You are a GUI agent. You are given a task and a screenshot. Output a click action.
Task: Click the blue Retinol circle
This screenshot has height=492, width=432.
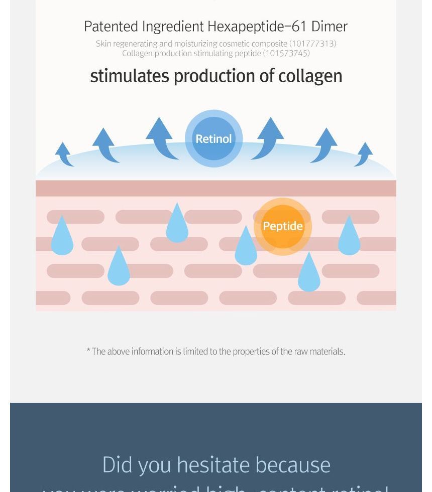click(213, 138)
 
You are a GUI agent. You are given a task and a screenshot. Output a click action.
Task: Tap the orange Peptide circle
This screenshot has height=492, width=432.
click(283, 226)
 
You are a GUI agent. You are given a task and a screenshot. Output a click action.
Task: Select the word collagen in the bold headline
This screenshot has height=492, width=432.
click(310, 76)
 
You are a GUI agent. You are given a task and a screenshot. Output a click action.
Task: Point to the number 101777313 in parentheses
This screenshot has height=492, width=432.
click(312, 44)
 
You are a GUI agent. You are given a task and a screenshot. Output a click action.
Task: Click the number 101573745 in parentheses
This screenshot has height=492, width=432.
click(286, 53)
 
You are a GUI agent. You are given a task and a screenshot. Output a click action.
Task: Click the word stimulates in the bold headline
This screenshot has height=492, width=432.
click(130, 76)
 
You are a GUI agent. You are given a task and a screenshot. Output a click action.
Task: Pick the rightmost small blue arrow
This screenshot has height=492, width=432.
click(364, 154)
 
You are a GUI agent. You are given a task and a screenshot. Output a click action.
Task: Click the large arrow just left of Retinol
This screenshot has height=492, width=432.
click(161, 139)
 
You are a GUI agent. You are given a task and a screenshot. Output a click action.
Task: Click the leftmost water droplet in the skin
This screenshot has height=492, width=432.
click(62, 237)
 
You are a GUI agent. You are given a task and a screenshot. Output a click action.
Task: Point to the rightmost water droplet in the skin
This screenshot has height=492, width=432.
click(349, 237)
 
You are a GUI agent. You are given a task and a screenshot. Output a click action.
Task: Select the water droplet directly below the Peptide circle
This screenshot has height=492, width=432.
click(309, 273)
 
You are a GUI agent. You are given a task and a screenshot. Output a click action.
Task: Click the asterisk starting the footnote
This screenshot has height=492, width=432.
click(88, 351)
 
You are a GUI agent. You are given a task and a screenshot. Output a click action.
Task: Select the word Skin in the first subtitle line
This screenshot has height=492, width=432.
click(103, 44)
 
